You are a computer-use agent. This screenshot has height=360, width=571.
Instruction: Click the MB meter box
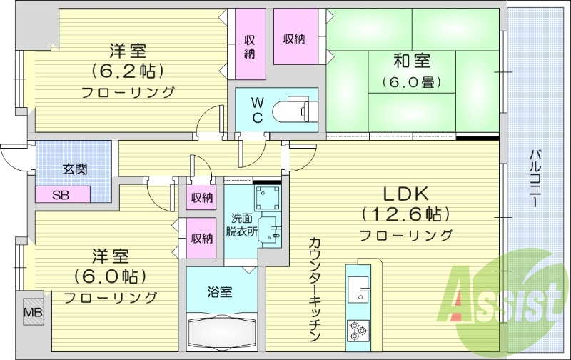coord(31,311)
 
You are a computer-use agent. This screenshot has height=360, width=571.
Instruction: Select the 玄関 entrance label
coord(74,169)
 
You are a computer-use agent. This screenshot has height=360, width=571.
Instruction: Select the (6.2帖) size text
coord(128,71)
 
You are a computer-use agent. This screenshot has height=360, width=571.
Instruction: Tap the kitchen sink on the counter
coord(357,291)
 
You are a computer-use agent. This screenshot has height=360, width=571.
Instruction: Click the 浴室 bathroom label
coord(221,291)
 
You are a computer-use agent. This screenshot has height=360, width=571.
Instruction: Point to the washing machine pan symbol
coord(268,196)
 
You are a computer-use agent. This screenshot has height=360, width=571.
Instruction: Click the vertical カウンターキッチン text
coord(315,290)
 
